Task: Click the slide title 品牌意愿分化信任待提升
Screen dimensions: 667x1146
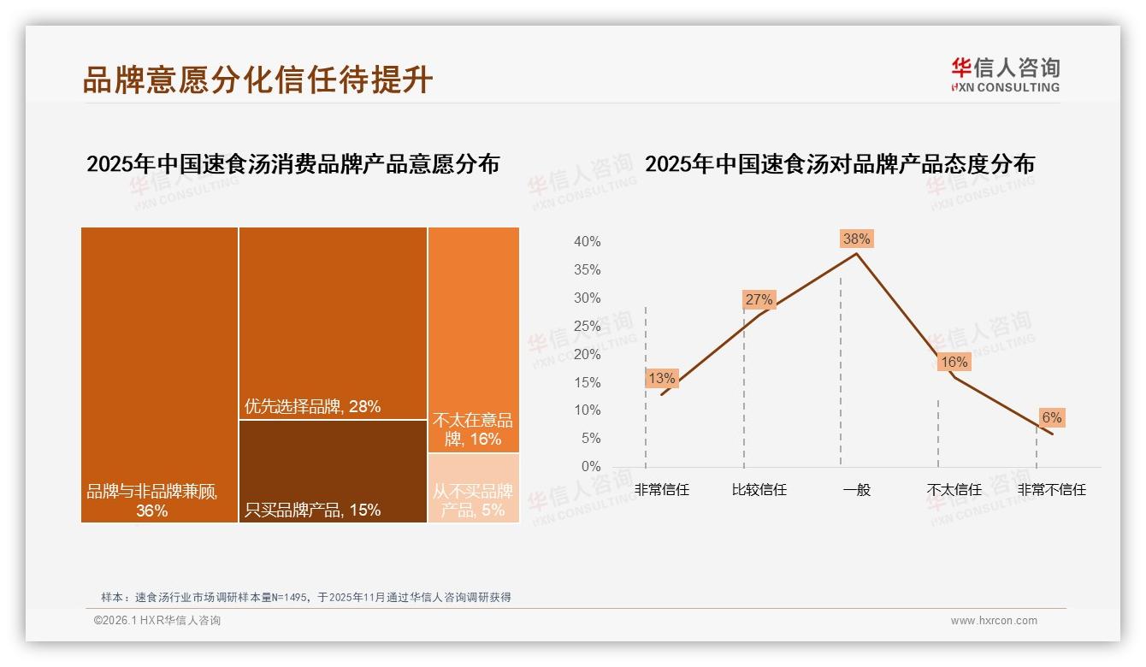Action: coord(257,80)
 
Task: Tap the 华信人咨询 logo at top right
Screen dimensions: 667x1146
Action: coord(1005,74)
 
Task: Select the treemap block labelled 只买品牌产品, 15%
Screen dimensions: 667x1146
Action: coord(333,470)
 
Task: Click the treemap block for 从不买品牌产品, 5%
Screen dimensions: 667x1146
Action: coord(473,487)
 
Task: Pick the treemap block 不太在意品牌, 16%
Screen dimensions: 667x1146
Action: coord(473,339)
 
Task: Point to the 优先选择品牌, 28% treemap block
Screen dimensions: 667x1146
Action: coord(333,322)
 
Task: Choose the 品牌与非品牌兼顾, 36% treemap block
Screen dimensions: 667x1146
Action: coord(159,374)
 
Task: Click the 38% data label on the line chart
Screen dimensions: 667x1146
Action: coord(856,239)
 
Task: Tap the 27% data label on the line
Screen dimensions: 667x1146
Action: coord(759,299)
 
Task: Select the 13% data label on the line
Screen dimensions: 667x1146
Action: coord(662,378)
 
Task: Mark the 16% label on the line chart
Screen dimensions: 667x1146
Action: coord(954,363)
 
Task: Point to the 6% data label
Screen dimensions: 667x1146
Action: coord(1051,417)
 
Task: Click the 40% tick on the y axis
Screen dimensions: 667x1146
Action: coord(587,242)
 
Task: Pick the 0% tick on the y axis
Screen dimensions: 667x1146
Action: coord(590,467)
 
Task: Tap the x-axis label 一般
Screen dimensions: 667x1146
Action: coord(856,490)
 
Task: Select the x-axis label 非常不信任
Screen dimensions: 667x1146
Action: coord(1051,490)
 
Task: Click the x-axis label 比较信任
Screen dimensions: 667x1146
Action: coord(759,490)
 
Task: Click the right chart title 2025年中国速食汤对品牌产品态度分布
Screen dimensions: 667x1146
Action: coord(839,163)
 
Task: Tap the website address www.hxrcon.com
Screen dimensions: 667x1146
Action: coord(994,621)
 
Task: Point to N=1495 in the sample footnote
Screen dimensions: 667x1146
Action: coord(292,597)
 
